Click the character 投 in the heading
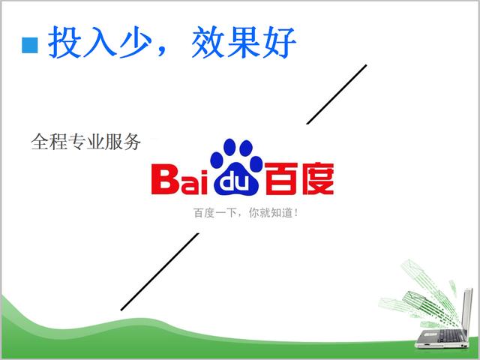coord(65,43)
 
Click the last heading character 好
coord(279,43)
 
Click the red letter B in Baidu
coord(165,179)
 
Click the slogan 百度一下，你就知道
coord(246,213)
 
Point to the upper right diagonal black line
coord(336,94)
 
